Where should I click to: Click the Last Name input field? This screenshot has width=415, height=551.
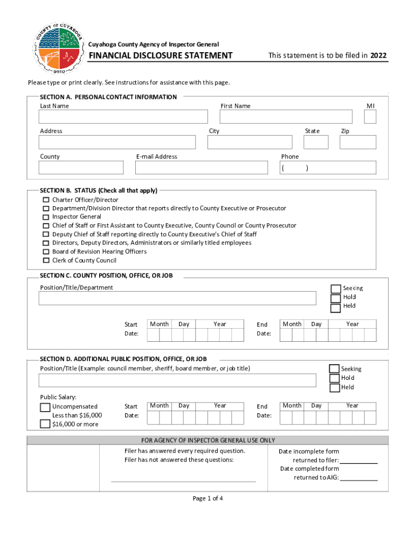pos(123,117)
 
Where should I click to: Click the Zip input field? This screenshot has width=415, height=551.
pos(358,142)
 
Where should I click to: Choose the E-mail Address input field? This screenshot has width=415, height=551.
pos(201,168)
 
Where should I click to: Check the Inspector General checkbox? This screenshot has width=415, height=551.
pos(46,217)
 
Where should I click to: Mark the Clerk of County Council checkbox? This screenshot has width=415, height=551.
pos(46,260)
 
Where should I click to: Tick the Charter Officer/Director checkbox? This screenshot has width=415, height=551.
pos(46,200)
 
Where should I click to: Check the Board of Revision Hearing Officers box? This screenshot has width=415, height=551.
pos(46,252)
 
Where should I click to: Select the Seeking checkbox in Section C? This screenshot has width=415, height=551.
pos(336,289)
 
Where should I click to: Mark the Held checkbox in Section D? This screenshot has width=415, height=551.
pos(334,387)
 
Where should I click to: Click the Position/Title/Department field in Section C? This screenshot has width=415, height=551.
pos(177,298)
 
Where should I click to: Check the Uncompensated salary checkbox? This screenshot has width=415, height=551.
pos(45,407)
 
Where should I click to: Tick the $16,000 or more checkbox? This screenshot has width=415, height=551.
pos(45,424)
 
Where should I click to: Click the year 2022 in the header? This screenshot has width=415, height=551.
pos(378,55)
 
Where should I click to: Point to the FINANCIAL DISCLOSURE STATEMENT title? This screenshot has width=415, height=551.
pos(161,55)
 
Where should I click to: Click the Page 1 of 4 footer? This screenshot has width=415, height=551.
pos(207,498)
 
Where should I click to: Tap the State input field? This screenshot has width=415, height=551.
pos(316,142)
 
